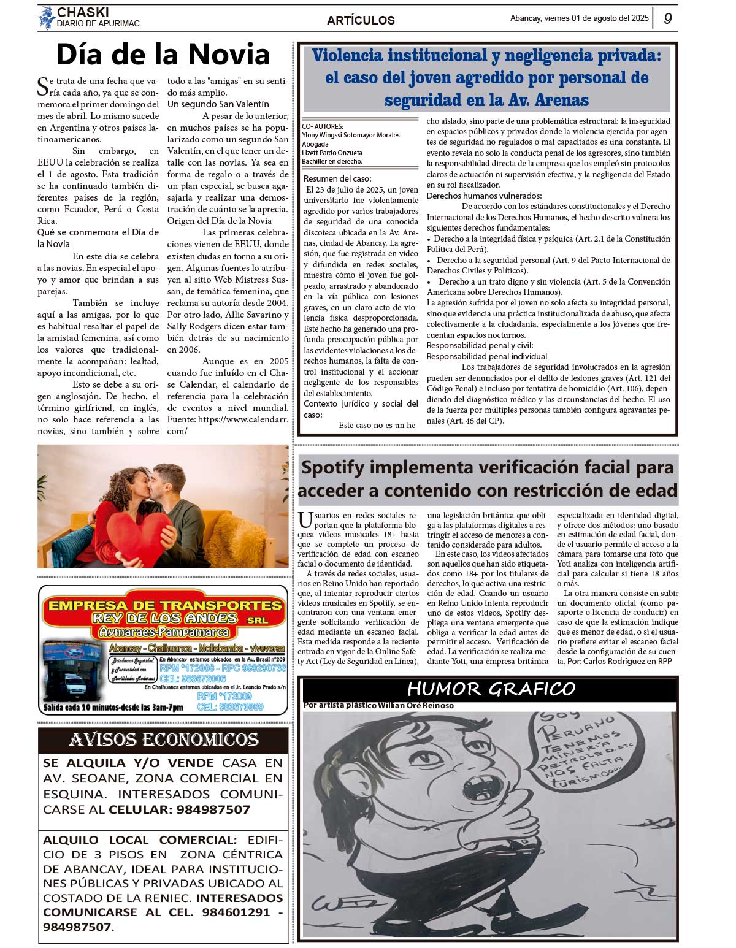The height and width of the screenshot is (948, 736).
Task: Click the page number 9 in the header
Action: [x=667, y=18]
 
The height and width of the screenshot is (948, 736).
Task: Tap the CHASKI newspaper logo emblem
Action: [x=46, y=17]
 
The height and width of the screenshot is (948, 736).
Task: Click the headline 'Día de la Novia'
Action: [x=163, y=55]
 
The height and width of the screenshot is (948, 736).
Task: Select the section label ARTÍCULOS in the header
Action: [x=361, y=20]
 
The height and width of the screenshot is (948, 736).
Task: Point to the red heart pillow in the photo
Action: [x=137, y=532]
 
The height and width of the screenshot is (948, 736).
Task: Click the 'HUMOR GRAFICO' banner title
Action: [x=491, y=689]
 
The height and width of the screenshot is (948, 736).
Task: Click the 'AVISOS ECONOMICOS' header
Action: [x=163, y=740]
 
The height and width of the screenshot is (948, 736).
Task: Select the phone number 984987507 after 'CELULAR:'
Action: [x=213, y=809]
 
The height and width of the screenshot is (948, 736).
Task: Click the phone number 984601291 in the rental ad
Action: [x=237, y=912]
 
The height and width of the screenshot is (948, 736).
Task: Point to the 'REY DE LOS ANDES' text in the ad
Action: [x=164, y=618]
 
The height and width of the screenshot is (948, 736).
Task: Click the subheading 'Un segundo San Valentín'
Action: [x=218, y=104]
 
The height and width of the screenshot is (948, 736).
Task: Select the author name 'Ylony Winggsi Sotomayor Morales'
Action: [x=350, y=135]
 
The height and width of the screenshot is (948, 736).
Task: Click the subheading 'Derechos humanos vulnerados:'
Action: [x=484, y=196]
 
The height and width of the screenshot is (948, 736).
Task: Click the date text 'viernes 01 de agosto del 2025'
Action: [x=596, y=18]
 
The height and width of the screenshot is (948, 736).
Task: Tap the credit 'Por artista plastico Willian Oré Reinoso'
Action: [x=378, y=705]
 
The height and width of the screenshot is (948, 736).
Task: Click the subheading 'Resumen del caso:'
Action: [x=337, y=178]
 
